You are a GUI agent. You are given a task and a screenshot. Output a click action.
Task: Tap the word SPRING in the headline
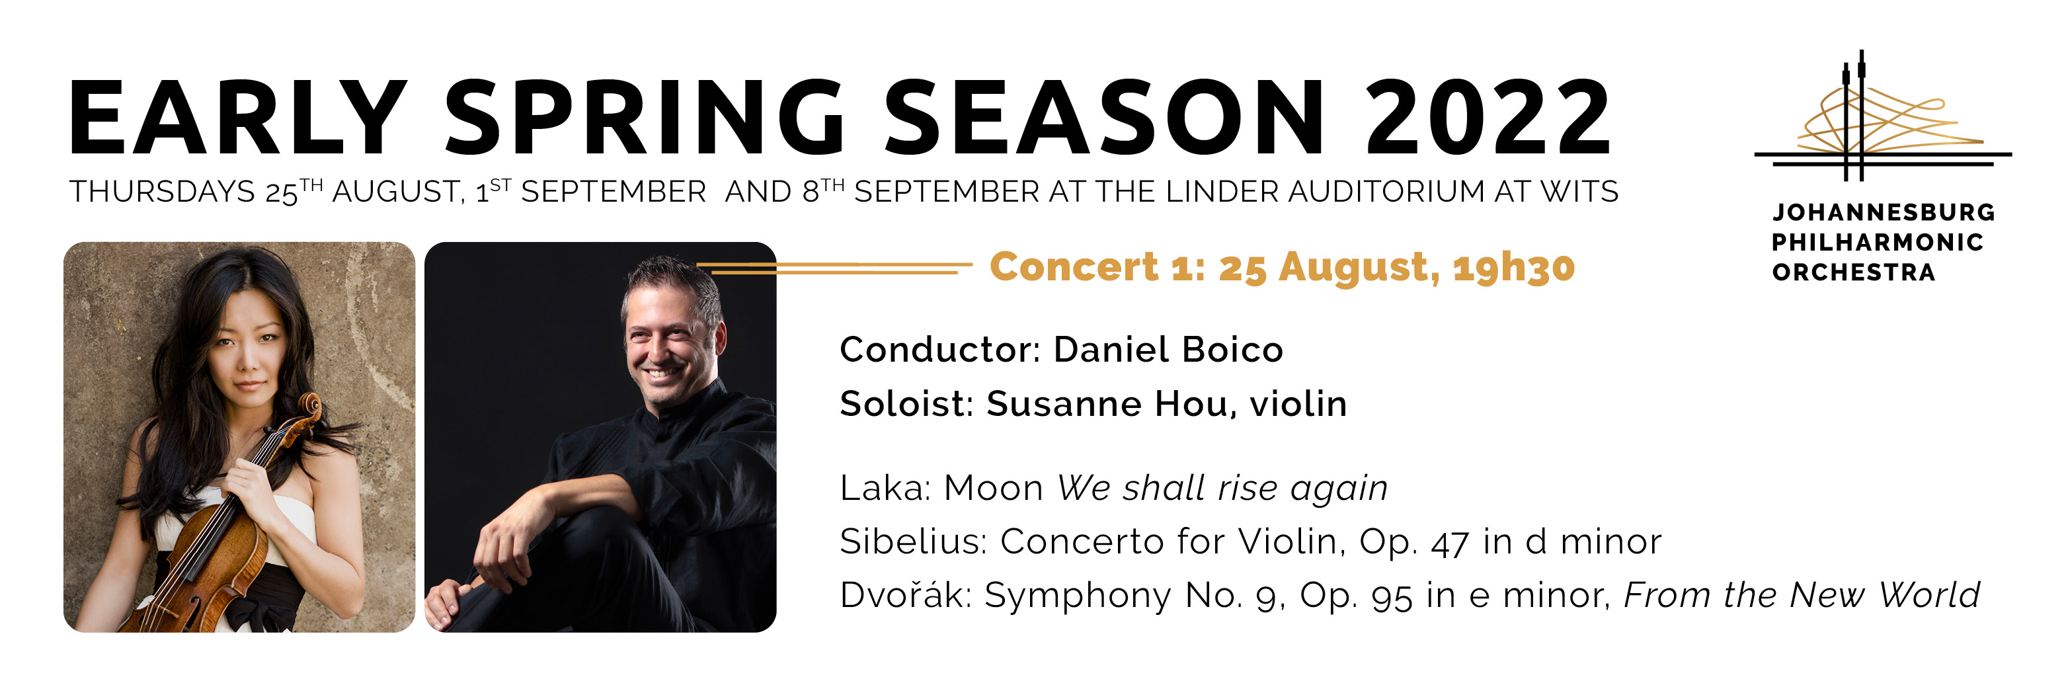click(x=645, y=117)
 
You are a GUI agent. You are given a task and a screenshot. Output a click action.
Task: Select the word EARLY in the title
click(x=238, y=117)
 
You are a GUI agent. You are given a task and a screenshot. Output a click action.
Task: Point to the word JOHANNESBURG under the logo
click(x=1883, y=212)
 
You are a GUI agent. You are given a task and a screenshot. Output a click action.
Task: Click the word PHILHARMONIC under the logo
click(x=1878, y=242)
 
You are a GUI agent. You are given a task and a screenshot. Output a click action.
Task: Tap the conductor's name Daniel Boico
click(x=1168, y=350)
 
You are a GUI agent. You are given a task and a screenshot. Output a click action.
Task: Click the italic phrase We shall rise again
click(x=1222, y=488)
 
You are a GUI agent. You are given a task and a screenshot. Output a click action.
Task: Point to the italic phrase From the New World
click(x=1802, y=594)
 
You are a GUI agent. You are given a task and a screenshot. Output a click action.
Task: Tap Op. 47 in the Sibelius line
click(x=1414, y=542)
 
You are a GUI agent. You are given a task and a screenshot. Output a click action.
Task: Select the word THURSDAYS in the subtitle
click(x=162, y=192)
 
